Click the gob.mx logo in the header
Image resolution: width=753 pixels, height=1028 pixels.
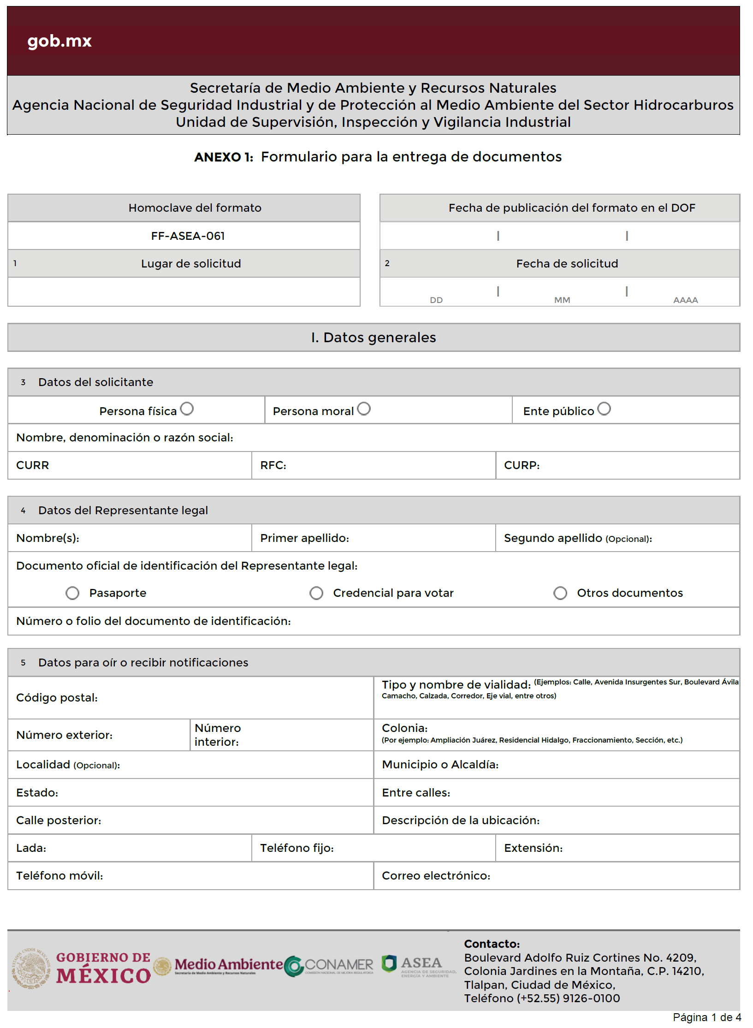59,41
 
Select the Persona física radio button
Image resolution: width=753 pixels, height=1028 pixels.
187,409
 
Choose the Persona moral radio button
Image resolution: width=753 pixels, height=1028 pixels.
364,409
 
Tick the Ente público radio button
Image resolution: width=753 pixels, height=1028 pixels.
604,409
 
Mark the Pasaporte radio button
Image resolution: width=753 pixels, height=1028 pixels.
72,593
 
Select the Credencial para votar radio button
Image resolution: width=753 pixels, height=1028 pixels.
316,593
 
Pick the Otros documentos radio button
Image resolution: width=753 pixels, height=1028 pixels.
560,593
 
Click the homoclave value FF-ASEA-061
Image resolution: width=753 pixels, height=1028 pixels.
188,236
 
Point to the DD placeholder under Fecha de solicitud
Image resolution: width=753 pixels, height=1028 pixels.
436,300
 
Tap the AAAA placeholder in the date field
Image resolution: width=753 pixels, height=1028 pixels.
686,300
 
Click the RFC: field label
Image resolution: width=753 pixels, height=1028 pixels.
273,465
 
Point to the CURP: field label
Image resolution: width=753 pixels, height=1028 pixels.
522,465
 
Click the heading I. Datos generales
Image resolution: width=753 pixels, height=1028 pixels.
374,338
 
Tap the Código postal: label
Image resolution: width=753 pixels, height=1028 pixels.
57,698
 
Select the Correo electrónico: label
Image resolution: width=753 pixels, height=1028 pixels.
436,876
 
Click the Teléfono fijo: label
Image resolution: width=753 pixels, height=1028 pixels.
296,848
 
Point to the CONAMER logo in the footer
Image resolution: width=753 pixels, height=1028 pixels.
329,966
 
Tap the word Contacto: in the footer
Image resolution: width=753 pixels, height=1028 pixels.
492,944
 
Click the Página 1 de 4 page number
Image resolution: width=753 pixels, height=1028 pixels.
706,1017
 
